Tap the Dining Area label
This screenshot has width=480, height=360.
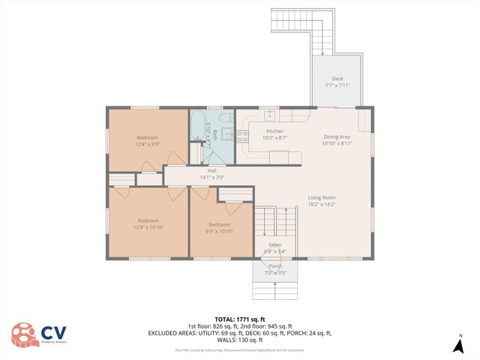click(x=337, y=136)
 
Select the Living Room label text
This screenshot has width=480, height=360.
click(x=321, y=198)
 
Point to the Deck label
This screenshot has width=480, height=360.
click(x=338, y=79)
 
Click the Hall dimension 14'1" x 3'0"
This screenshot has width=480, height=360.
click(x=212, y=177)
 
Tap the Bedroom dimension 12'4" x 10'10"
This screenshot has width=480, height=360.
click(x=147, y=227)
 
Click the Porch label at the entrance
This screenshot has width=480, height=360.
click(x=276, y=266)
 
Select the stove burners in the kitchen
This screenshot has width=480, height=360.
click(x=243, y=136)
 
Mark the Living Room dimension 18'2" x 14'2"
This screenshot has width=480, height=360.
click(x=321, y=204)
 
